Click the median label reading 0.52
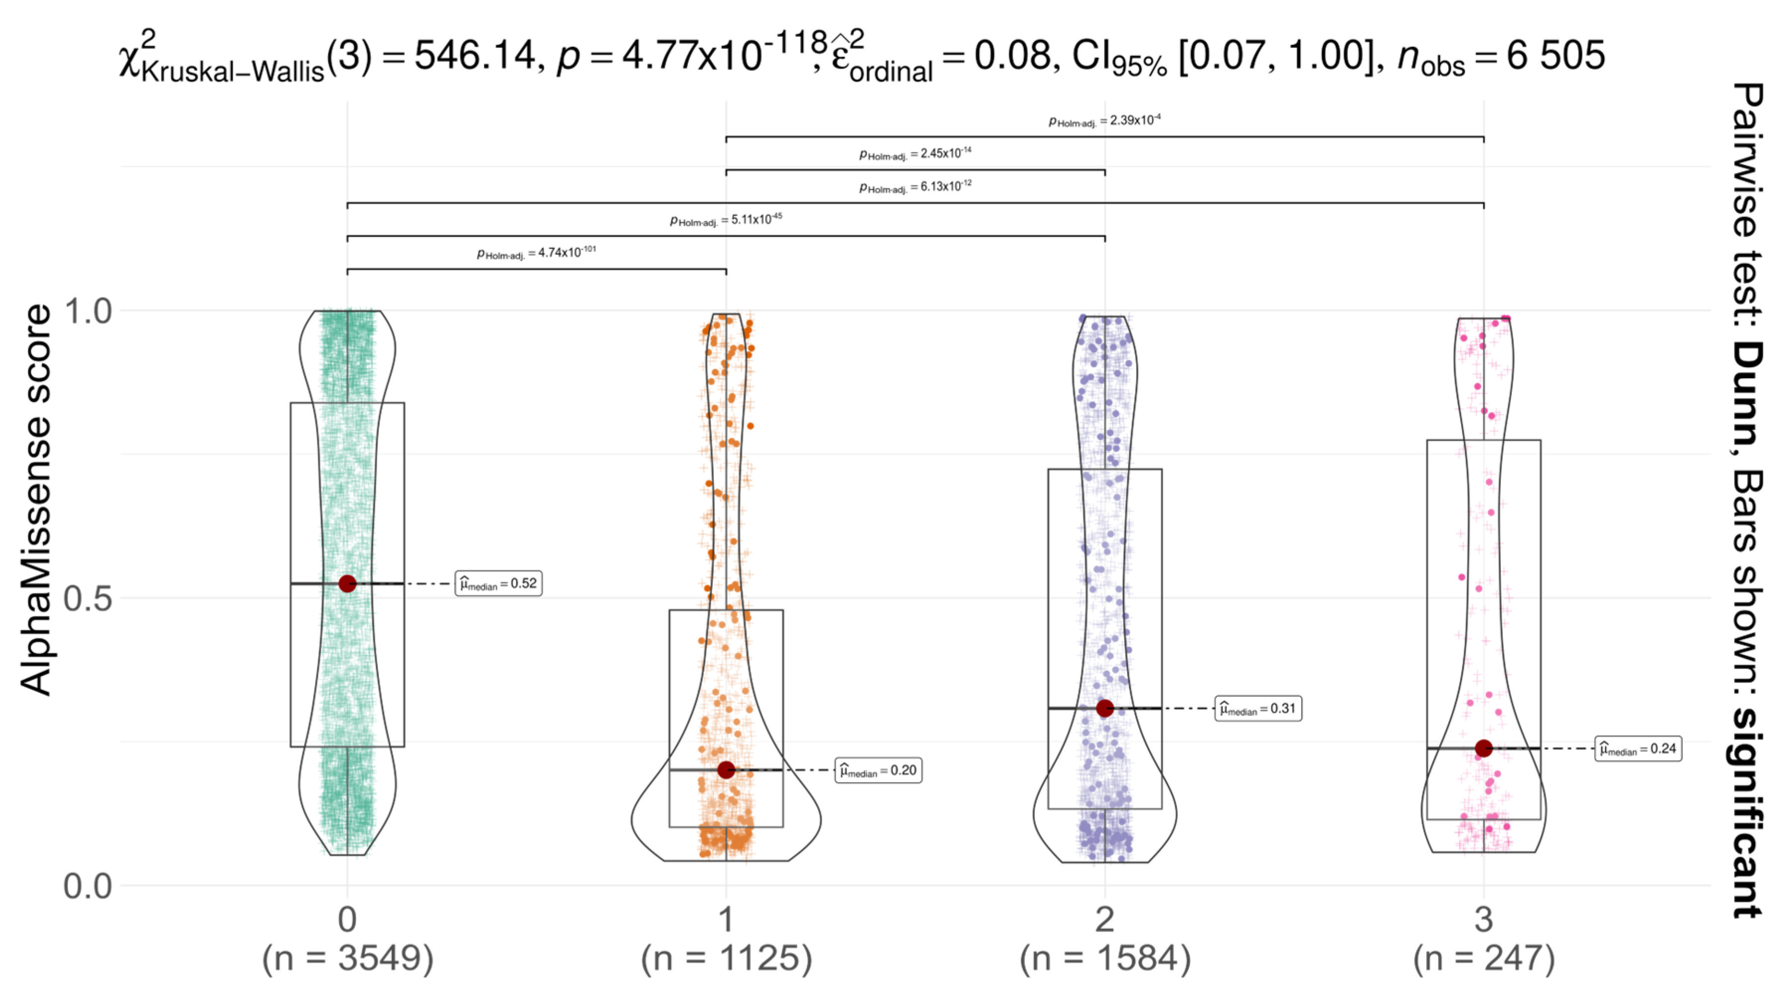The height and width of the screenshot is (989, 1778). tap(498, 583)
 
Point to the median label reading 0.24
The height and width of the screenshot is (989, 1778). tap(1638, 748)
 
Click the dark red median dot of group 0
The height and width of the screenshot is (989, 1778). tap(347, 583)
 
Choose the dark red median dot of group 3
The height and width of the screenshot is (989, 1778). tap(1484, 748)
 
